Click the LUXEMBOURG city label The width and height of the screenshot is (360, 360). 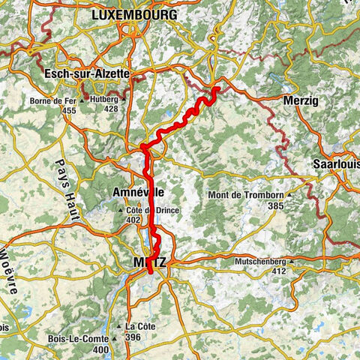pos(133,15)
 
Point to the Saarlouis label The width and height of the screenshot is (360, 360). pos(336,165)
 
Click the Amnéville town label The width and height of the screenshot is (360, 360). pos(138,192)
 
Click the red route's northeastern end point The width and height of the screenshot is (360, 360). pos(216,88)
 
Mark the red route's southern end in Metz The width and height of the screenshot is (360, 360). pos(151,273)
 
